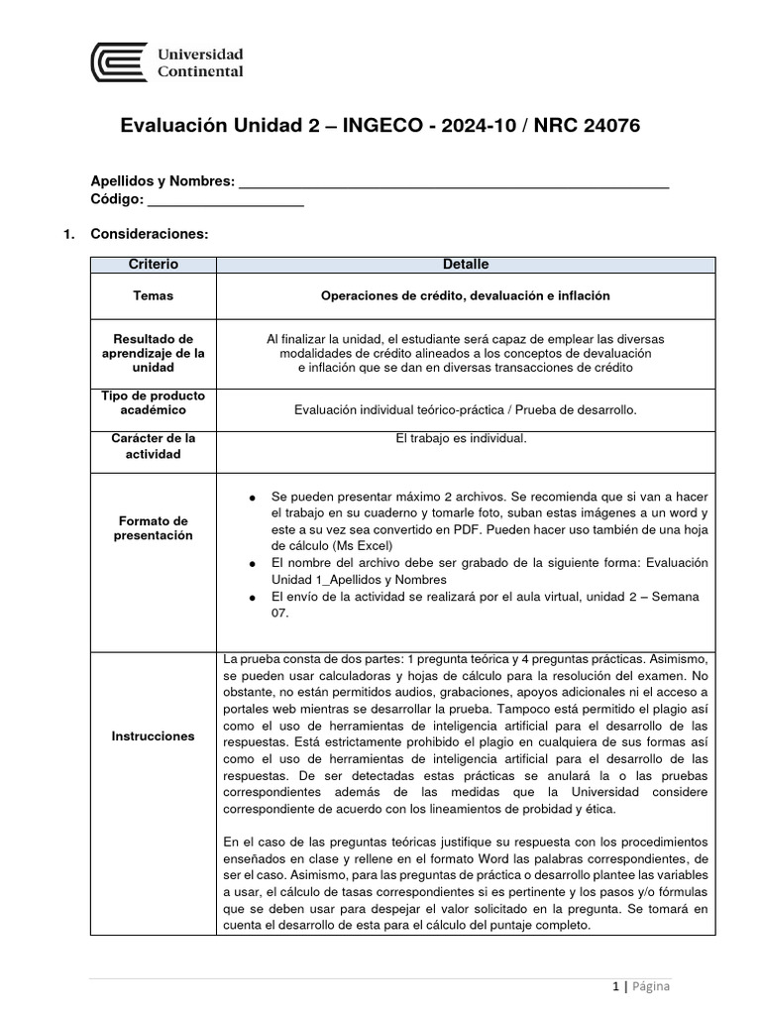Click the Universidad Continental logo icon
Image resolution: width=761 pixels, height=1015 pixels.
click(x=119, y=61)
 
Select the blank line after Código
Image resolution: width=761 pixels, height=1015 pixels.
click(x=226, y=200)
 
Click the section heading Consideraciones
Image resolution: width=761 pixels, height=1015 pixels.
click(x=149, y=234)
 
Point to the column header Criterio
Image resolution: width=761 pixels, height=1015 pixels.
click(x=153, y=265)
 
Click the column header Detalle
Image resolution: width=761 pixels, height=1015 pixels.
click(x=465, y=265)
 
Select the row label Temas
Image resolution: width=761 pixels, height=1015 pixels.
click(x=153, y=295)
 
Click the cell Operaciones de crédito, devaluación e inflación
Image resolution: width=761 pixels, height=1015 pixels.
click(x=465, y=295)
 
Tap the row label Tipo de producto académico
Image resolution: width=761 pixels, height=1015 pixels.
click(x=153, y=402)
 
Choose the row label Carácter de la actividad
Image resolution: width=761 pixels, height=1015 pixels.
click(x=153, y=445)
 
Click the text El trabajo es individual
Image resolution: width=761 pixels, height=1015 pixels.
click(x=465, y=438)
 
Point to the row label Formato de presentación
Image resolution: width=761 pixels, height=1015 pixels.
click(x=153, y=527)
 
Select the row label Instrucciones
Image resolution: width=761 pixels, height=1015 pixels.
click(x=153, y=736)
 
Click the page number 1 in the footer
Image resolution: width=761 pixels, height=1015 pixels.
click(x=615, y=986)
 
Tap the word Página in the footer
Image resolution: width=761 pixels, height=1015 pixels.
click(x=650, y=986)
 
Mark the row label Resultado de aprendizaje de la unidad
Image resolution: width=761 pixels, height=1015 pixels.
click(x=153, y=353)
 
